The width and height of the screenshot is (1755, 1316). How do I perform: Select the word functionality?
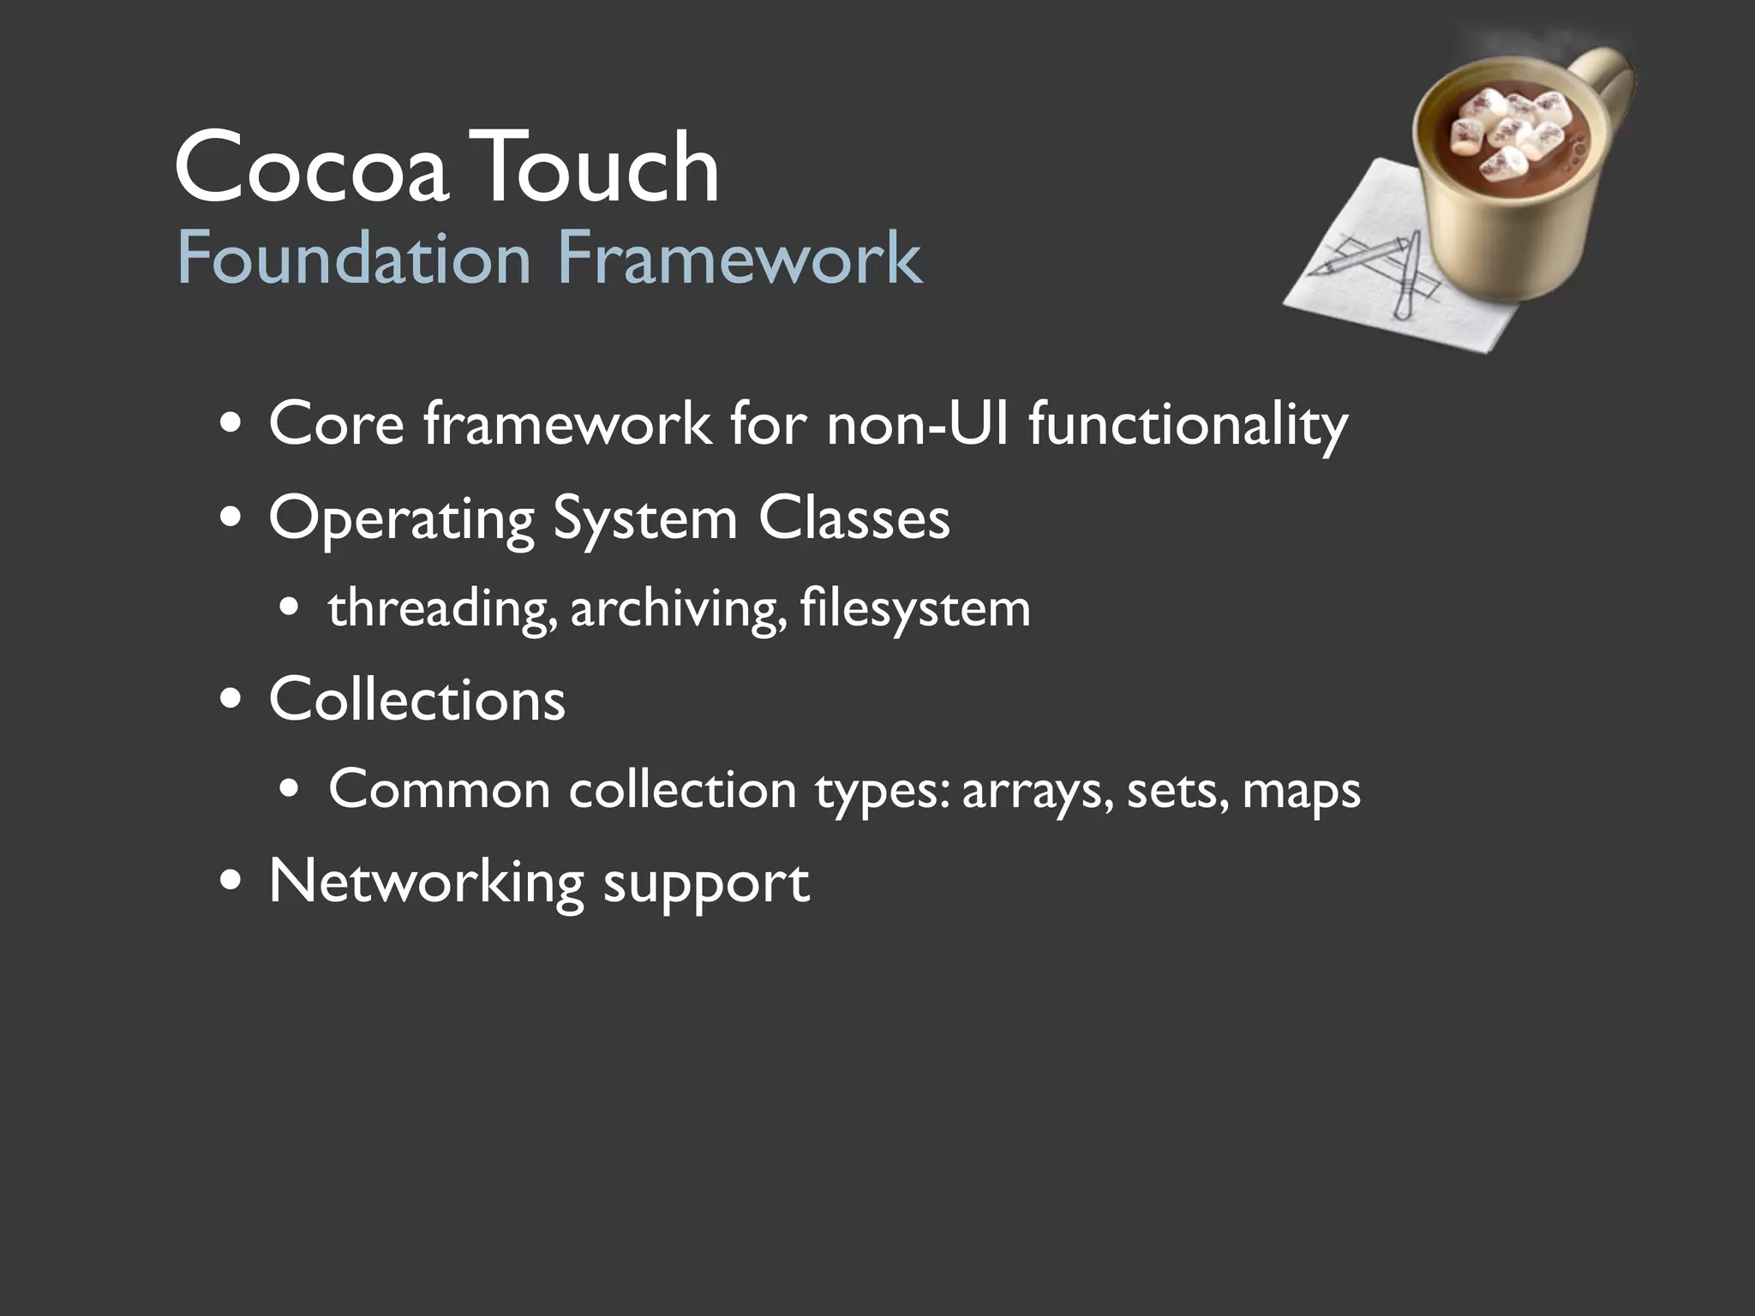[1188, 426]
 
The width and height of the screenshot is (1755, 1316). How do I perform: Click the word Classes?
[854, 519]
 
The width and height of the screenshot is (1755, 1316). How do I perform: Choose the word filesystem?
[914, 610]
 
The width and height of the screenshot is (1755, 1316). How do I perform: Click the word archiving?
[678, 610]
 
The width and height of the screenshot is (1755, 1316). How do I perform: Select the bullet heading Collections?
[417, 700]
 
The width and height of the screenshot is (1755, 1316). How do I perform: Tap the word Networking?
[426, 882]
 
